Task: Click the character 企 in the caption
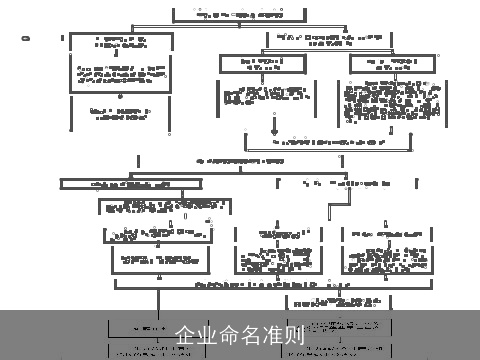point(185,335)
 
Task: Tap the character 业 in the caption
point(207,335)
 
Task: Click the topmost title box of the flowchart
point(239,15)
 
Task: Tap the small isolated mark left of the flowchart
point(26,39)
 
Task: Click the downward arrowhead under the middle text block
point(273,131)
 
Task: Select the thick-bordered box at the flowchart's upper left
point(120,63)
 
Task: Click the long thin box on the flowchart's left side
point(130,184)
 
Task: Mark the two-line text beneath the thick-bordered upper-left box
point(120,112)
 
